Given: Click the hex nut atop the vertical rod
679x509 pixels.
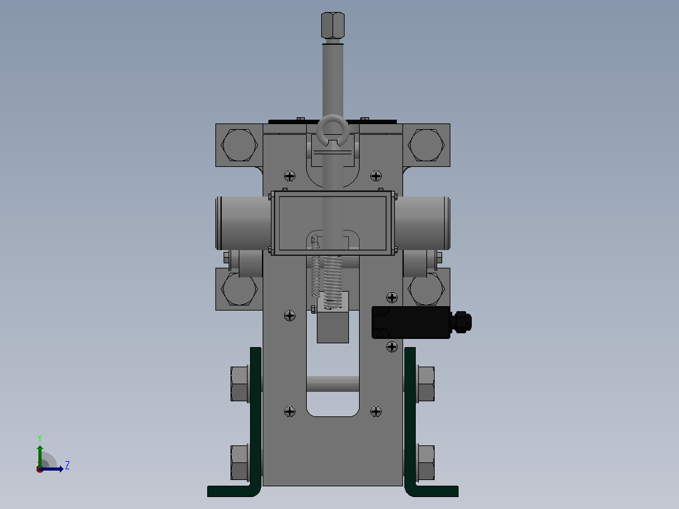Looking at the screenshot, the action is (333, 25).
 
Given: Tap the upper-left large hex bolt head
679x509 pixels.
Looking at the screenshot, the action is (239, 145).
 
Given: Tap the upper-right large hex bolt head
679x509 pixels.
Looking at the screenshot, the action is (426, 145).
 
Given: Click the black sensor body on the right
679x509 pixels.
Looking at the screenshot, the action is (411, 323).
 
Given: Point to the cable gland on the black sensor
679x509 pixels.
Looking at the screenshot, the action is (461, 323).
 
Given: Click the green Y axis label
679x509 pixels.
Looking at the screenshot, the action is (40, 438).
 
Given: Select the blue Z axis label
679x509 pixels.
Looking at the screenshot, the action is (67, 466).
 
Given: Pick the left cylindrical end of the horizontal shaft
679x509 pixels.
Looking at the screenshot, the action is (243, 223).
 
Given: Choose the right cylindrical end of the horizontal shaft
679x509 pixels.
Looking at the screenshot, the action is (422, 223).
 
